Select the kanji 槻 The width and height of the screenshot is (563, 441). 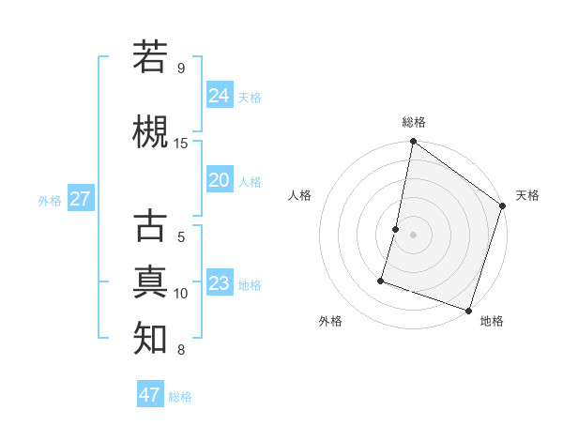150,131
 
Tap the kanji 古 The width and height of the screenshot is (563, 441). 150,226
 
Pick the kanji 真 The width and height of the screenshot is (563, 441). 150,281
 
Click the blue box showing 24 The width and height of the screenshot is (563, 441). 220,95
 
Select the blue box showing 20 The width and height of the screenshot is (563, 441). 220,180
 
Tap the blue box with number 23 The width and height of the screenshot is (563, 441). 220,283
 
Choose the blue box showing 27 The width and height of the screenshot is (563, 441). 80,199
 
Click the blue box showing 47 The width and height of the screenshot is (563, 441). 150,395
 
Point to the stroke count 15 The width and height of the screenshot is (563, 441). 181,144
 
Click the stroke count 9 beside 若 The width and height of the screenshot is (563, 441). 180,68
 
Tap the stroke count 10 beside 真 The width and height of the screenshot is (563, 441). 181,294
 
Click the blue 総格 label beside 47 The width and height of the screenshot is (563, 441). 180,397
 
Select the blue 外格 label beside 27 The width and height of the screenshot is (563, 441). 49,201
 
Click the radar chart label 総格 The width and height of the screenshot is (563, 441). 413,122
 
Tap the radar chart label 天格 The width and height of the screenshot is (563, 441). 527,195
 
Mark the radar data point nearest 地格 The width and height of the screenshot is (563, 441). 468,310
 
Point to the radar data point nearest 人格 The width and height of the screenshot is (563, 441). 396,229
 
